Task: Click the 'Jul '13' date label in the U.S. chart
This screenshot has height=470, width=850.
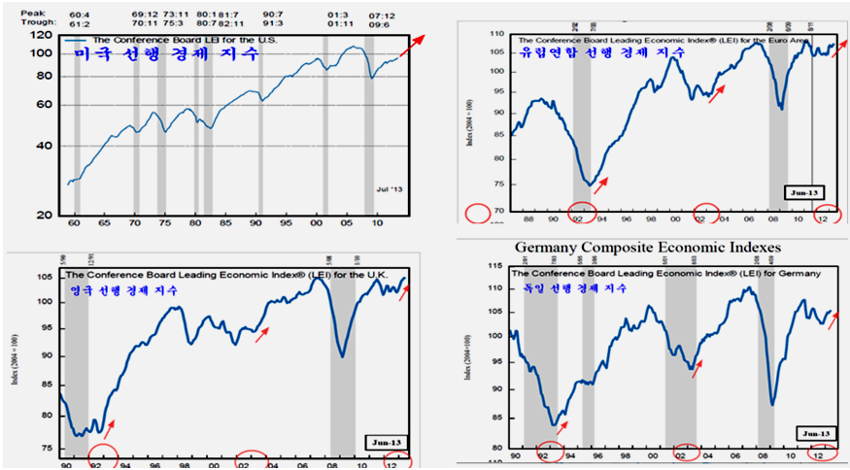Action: (x=388, y=187)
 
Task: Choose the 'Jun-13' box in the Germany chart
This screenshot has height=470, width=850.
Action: (x=814, y=431)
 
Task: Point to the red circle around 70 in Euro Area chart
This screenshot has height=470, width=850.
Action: (x=478, y=212)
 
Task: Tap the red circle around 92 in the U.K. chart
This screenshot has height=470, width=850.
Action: (x=103, y=456)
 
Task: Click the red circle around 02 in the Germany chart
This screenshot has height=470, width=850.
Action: (x=683, y=455)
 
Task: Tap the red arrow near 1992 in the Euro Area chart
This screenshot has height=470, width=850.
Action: (x=602, y=184)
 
